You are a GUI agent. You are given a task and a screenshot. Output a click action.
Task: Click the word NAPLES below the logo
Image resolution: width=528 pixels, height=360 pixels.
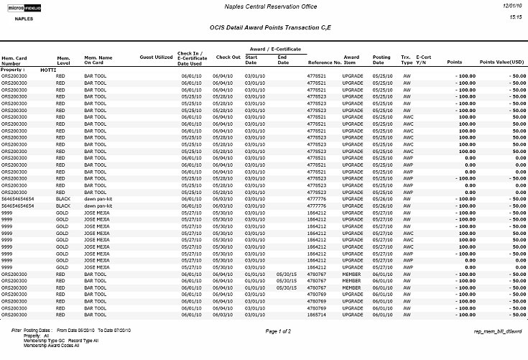click(x=24, y=19)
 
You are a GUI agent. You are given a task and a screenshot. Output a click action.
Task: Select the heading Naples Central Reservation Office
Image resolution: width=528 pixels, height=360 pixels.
click(x=264, y=6)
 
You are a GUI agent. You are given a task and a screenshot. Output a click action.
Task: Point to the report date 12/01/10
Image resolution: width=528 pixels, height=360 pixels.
click(x=511, y=5)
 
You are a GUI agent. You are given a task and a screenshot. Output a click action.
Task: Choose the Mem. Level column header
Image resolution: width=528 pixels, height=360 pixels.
click(x=64, y=60)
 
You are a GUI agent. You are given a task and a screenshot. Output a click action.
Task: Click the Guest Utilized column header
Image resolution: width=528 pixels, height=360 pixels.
click(x=156, y=56)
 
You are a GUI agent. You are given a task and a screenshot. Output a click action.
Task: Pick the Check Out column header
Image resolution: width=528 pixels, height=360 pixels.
click(x=228, y=56)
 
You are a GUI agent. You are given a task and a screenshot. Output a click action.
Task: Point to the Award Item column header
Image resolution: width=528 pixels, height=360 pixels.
click(x=351, y=60)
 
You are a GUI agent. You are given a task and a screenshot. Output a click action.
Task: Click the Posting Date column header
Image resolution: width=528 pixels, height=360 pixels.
click(x=381, y=60)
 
